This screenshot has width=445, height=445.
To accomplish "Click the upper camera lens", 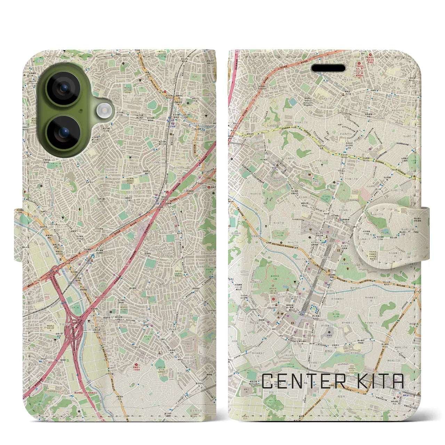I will click(x=63, y=88).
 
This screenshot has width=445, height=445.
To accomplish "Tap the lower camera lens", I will click(x=63, y=132).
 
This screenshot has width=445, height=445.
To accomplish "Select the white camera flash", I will click(x=103, y=111).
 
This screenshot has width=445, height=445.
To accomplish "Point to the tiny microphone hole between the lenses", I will click(x=81, y=111).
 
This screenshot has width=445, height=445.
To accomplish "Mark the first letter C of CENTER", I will click(x=267, y=381).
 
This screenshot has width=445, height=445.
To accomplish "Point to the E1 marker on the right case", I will click(x=237, y=51).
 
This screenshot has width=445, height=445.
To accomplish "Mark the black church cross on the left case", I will click(x=181, y=211).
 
